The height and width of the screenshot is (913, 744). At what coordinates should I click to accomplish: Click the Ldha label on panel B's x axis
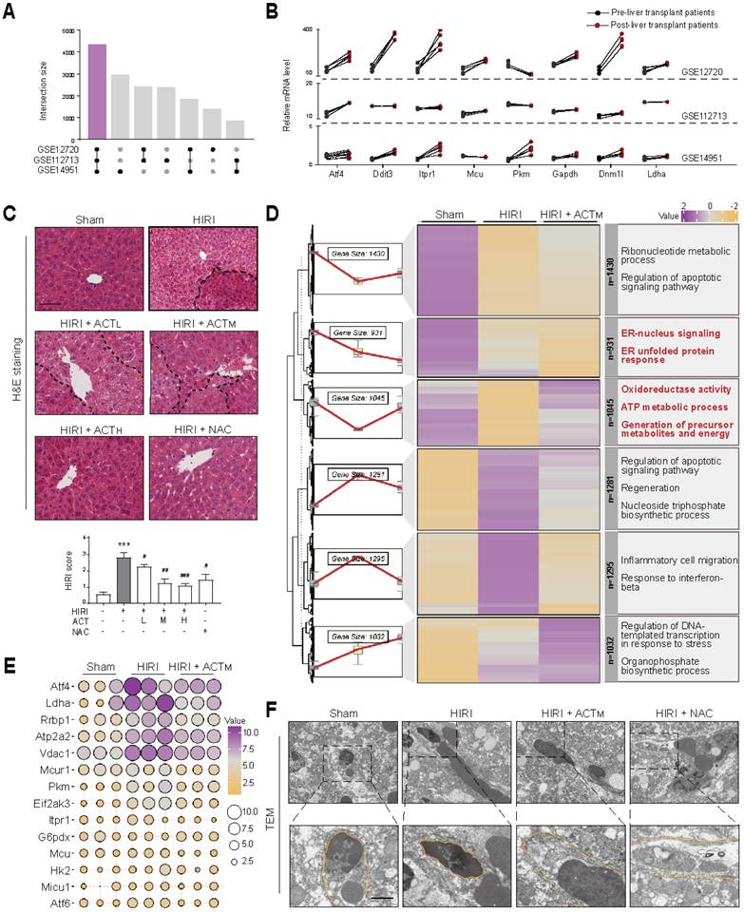(649, 174)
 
